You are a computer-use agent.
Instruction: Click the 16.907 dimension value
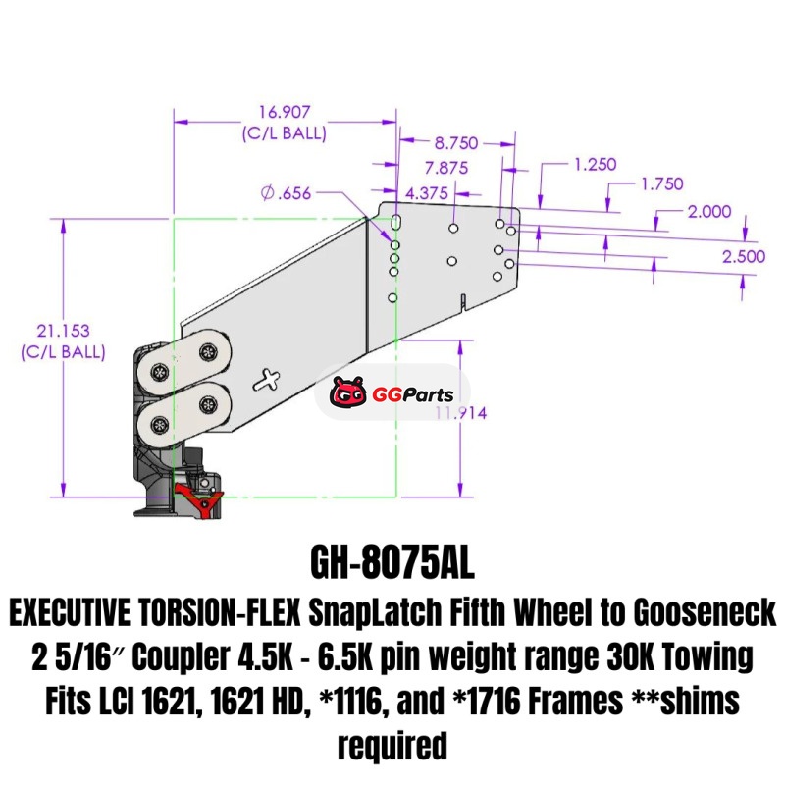(x=285, y=112)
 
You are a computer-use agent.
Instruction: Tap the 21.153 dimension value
(x=63, y=331)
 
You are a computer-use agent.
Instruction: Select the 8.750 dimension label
(x=456, y=143)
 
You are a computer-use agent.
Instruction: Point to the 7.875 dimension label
(x=446, y=168)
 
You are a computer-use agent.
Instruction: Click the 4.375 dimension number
(x=426, y=193)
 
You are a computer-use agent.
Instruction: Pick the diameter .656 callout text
(x=286, y=192)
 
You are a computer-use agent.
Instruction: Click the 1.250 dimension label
(x=595, y=164)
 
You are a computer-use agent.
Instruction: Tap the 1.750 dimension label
(x=661, y=183)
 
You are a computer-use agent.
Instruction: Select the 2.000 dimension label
(x=708, y=212)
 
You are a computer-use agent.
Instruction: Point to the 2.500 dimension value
(x=744, y=256)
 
